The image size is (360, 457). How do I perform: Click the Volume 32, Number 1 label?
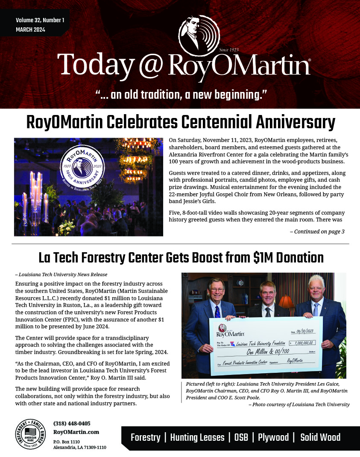click(40, 20)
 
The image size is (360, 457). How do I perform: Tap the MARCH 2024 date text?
click(30, 30)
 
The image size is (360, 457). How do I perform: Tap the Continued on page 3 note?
click(317, 232)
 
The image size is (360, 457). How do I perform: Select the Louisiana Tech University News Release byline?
click(61, 274)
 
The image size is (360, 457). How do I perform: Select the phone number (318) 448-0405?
click(72, 423)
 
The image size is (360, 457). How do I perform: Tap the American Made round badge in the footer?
click(31, 433)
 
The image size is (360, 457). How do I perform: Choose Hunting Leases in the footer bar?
click(197, 437)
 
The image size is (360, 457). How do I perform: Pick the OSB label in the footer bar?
click(241, 437)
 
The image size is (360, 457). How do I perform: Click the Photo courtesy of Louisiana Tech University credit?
click(299, 404)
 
